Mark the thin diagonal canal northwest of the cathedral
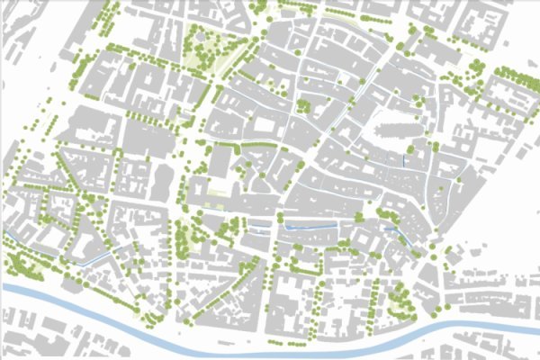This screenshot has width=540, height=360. pos(343,107)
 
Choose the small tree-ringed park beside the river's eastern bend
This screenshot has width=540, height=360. pos(396,301)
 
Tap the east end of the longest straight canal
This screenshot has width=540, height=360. pos(337,223)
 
